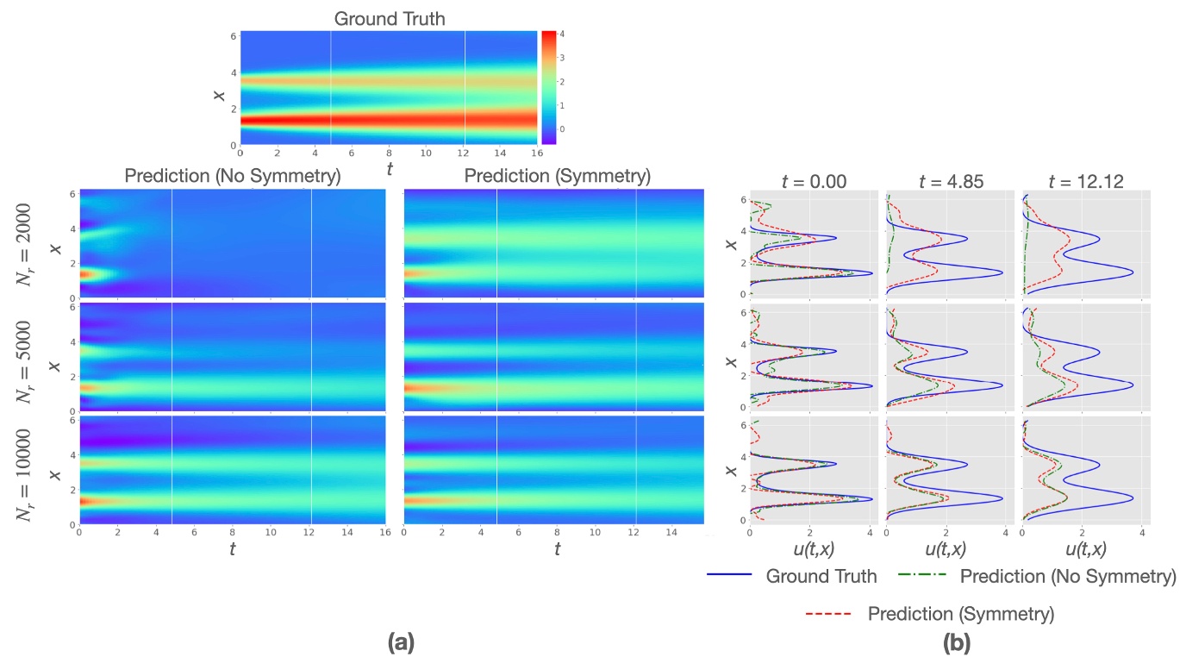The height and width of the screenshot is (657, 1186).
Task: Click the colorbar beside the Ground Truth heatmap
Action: pyautogui.click(x=548, y=86)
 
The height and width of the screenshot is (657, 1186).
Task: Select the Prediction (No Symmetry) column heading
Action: pyautogui.click(x=232, y=177)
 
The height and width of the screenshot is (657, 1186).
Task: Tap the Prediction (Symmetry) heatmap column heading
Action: pyautogui.click(x=557, y=177)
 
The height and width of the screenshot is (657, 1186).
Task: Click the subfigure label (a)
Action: pyautogui.click(x=402, y=641)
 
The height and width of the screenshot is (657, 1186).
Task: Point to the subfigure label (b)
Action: pyautogui.click(x=955, y=641)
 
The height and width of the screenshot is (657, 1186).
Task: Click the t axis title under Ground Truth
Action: pyautogui.click(x=390, y=169)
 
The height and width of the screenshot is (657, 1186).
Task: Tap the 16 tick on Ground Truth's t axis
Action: pyautogui.click(x=536, y=153)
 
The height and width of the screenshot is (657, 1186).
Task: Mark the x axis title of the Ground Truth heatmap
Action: pyautogui.click(x=221, y=88)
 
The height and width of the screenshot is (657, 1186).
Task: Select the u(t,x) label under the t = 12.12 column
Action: pyautogui.click(x=1086, y=549)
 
